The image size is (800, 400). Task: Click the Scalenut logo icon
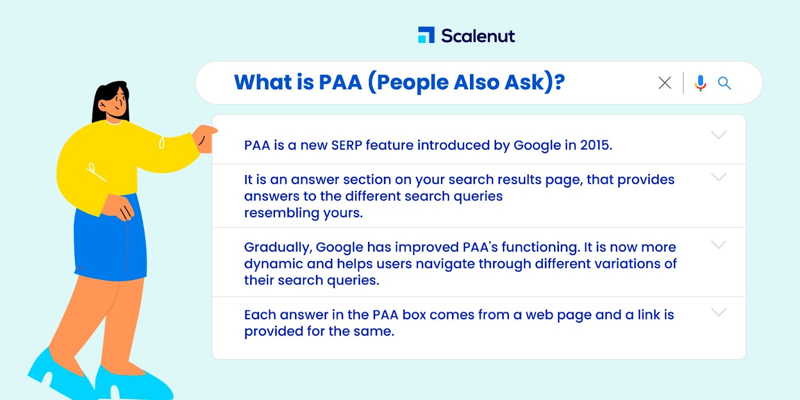click(426, 35)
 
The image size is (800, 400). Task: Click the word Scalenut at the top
click(478, 35)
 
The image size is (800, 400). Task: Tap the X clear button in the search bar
click(664, 83)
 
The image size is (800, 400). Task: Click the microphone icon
click(700, 83)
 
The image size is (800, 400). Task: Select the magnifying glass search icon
click(724, 83)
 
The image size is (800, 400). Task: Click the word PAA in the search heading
click(340, 82)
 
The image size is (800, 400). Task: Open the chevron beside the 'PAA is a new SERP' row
click(718, 135)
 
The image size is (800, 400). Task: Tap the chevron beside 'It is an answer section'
click(718, 177)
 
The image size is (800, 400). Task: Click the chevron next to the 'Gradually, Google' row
click(718, 244)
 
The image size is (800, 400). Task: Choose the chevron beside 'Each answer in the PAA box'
click(718, 312)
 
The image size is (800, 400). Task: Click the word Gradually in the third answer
click(278, 247)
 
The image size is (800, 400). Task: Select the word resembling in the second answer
click(281, 213)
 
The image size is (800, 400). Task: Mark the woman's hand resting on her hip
click(119, 208)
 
